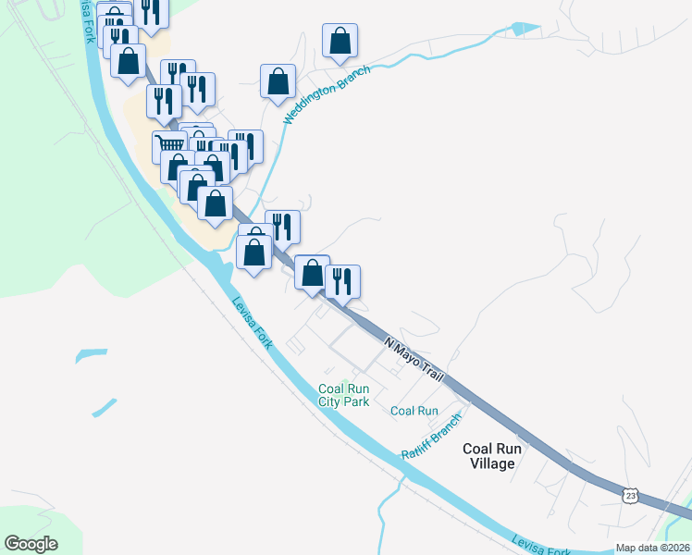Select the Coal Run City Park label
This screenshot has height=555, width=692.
344,395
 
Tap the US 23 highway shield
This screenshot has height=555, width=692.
630,496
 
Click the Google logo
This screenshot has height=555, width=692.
31,544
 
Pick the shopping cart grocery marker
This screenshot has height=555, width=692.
169,145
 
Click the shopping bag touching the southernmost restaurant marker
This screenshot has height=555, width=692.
313,272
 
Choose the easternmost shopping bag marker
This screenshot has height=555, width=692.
340,40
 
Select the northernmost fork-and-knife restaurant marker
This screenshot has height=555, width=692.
149,11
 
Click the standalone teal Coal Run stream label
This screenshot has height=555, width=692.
414,411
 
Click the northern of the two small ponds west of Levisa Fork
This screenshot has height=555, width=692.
91,354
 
